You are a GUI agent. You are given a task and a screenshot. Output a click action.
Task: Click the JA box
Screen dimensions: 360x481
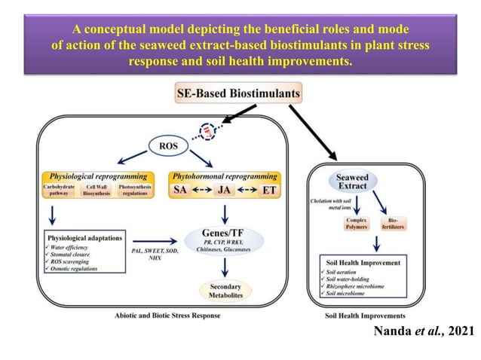pos(225,191)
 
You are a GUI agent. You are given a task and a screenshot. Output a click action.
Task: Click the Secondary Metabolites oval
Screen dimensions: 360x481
pos(225,290)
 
